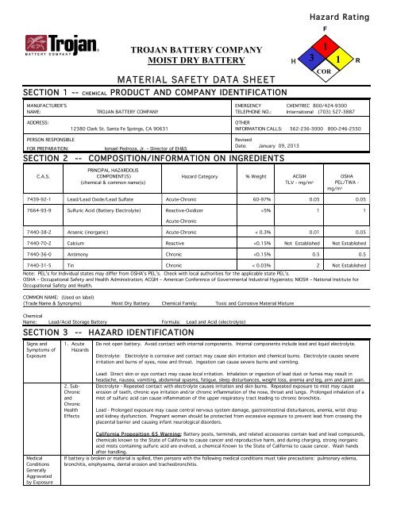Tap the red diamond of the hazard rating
(325, 46)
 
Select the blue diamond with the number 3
(311, 60)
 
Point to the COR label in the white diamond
(325, 71)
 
